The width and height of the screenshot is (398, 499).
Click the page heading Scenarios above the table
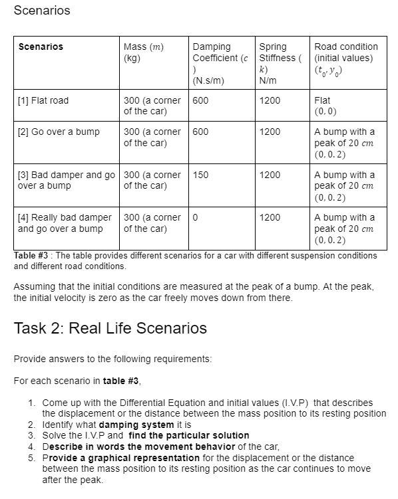click(x=41, y=11)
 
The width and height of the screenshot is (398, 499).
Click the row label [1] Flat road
click(x=43, y=100)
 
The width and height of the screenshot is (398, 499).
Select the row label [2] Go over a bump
click(x=59, y=132)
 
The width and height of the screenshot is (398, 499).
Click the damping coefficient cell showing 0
click(x=196, y=217)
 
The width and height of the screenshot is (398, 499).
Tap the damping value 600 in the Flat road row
click(x=200, y=100)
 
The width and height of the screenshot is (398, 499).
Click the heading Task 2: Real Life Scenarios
click(x=110, y=328)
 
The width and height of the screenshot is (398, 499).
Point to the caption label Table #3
click(x=31, y=256)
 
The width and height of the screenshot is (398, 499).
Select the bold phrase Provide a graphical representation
click(x=120, y=458)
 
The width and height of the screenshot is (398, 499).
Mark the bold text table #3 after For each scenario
click(x=121, y=381)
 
